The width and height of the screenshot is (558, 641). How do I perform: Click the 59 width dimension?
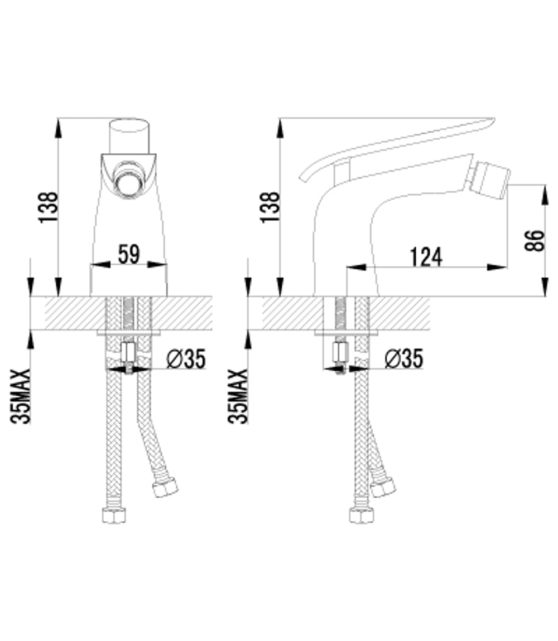tap(129, 254)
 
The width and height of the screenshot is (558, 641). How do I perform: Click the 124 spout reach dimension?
tap(426, 257)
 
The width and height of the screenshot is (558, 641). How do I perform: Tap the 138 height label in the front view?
tap(47, 207)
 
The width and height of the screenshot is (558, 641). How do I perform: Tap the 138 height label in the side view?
tap(270, 207)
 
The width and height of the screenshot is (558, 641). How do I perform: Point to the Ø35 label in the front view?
tap(186, 360)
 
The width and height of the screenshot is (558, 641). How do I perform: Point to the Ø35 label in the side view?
tap(403, 360)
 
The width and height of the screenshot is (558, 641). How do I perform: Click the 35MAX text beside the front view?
tap(20, 396)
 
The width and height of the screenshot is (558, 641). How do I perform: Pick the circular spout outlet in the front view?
tap(129, 178)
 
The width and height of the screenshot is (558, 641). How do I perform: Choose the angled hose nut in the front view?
tap(166, 488)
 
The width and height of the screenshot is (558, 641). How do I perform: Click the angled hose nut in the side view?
tap(383, 487)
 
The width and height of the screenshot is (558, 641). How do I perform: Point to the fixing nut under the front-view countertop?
tap(128, 353)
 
